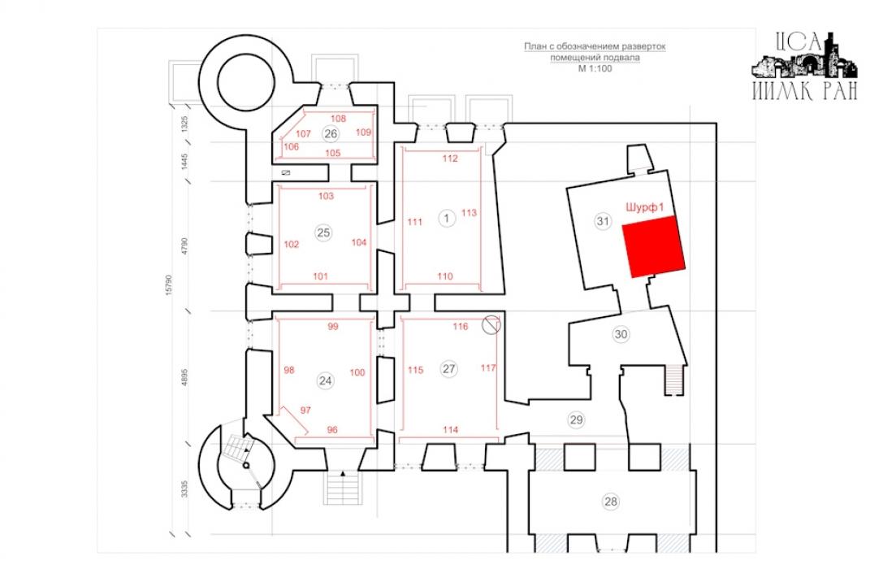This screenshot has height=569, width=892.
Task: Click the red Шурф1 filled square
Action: (654, 246)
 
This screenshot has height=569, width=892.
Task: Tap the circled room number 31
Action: (603, 221)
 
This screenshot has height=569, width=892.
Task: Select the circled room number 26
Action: (330, 134)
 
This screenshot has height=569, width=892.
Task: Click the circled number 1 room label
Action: (447, 218)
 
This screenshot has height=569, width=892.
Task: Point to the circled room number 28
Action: (610, 502)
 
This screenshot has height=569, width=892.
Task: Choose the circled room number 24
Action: (326, 380)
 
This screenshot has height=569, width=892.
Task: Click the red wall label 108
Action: (338, 119)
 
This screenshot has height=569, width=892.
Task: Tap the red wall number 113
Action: (469, 213)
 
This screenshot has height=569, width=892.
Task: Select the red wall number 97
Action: (305, 410)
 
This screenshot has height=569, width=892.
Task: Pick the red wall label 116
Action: (461, 327)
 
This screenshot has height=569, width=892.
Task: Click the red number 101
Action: (320, 276)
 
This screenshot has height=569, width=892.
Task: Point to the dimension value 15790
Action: (168, 285)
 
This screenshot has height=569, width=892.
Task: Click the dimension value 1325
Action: (184, 124)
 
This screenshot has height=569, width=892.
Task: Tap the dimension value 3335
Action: (184, 489)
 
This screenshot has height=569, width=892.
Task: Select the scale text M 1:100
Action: (595, 68)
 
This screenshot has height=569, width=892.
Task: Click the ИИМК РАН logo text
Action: (805, 91)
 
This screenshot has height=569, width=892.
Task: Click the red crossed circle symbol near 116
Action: (491, 325)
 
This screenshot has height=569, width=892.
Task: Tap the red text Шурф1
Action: (644, 207)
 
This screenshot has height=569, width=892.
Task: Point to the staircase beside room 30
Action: (675, 379)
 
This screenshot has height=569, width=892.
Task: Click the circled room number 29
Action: (576, 420)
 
